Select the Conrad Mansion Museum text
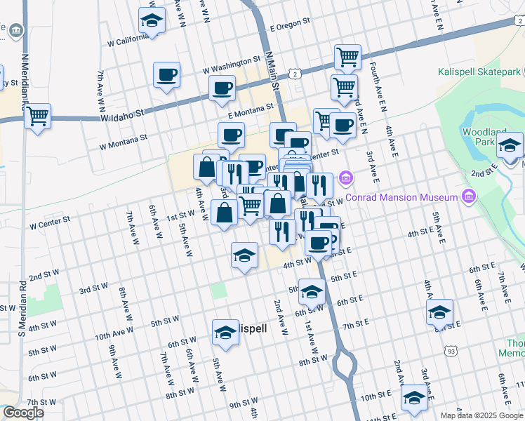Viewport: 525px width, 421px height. tap(406, 198)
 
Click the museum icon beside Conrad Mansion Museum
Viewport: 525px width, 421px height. tap(468, 198)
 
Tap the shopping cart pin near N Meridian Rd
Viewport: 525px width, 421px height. tap(37, 116)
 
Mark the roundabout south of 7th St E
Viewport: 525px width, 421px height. tap(345, 363)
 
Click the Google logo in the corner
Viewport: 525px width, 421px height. tap(23, 413)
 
